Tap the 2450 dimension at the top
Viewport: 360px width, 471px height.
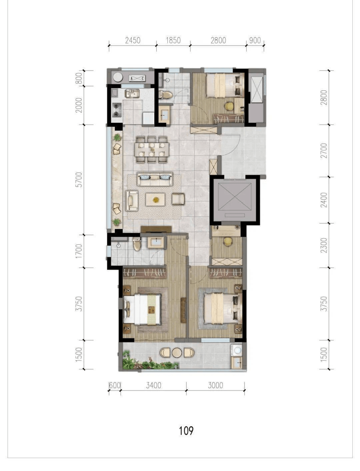133,40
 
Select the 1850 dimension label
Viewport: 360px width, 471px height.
173,40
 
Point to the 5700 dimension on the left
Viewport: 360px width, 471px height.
79,180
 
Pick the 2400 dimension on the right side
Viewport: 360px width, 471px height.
324,200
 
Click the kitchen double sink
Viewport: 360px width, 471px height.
132,94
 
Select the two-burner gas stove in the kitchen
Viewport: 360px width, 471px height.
117,110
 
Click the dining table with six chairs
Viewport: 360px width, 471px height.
152,150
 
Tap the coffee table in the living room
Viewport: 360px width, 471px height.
155,200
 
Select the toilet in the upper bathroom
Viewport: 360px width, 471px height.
165,95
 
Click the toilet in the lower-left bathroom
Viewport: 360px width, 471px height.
137,244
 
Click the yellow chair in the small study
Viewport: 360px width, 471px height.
228,242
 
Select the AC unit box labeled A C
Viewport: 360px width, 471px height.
137,78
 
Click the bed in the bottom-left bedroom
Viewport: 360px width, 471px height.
142,309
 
